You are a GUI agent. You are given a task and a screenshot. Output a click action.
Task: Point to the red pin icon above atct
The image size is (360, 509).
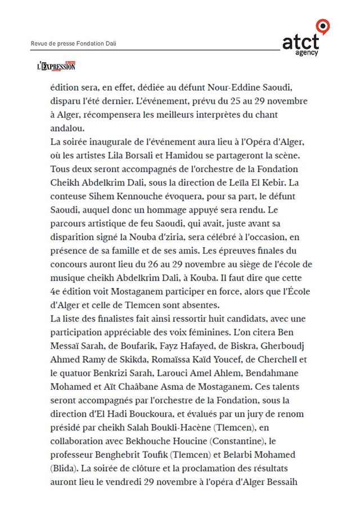(x=322, y=25)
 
